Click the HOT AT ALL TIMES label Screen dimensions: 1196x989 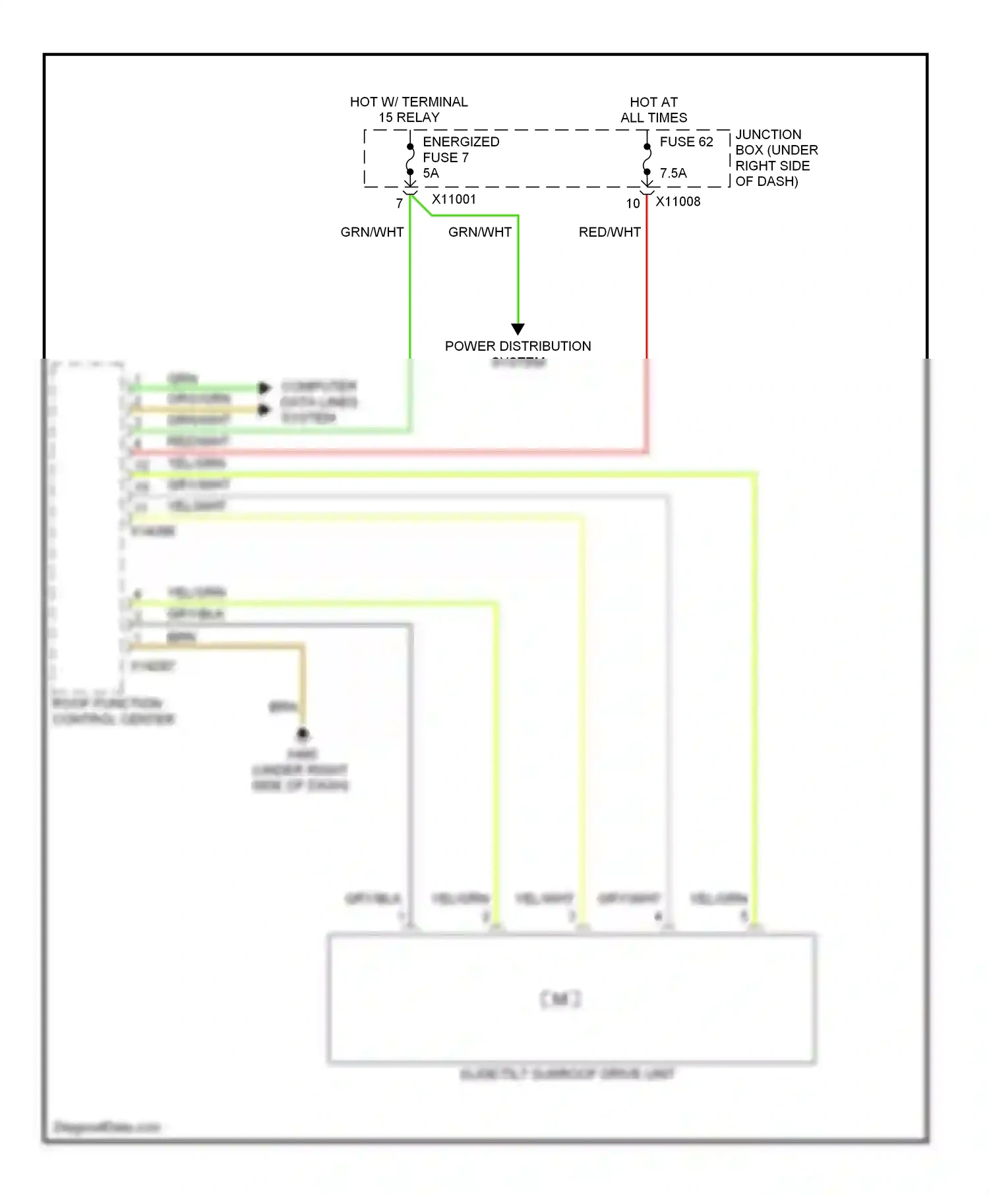tap(653, 110)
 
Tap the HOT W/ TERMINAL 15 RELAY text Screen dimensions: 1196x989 tap(409, 110)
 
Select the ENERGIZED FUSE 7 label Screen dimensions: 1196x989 tap(460, 150)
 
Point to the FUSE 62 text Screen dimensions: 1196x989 tap(686, 142)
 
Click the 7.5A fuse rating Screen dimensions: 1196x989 tap(673, 173)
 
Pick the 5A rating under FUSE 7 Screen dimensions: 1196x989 tap(431, 173)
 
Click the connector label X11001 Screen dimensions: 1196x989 tap(454, 199)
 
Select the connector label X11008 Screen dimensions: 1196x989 tap(678, 202)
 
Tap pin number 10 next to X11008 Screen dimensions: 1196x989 tap(633, 204)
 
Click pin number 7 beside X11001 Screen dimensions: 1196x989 tap(400, 204)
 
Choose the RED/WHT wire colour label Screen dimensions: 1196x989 tap(609, 232)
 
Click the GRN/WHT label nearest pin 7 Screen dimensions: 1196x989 tap(372, 232)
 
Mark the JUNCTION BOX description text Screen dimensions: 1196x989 tap(776, 158)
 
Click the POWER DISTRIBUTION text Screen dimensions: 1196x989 tap(518, 346)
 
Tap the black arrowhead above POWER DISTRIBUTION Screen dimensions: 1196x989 tap(518, 328)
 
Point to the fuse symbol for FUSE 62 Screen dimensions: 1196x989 tap(647, 159)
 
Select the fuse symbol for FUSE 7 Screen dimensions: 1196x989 tap(410, 159)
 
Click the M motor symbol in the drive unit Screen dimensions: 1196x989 tap(560, 1000)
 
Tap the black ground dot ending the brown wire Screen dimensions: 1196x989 tap(303, 733)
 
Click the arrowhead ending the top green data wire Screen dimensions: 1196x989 tap(264, 388)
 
